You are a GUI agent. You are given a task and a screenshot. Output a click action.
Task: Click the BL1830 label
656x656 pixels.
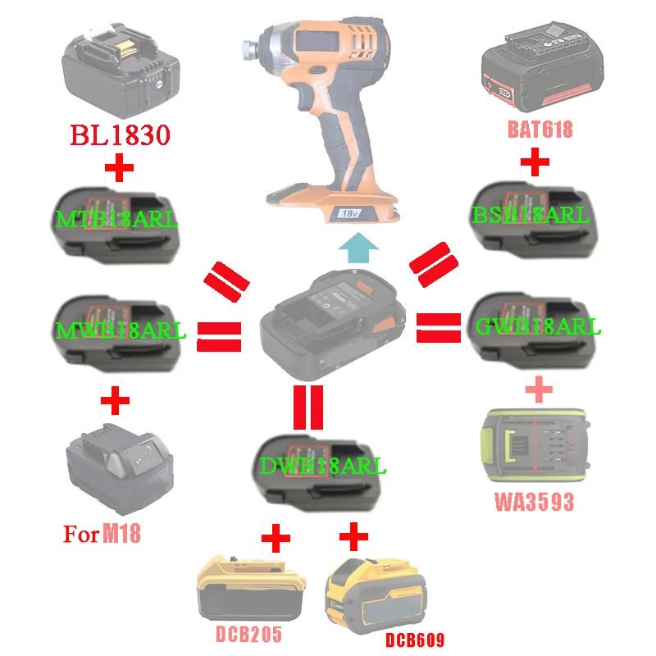click(x=121, y=135)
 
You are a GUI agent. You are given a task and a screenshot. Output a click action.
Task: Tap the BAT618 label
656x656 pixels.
click(x=539, y=129)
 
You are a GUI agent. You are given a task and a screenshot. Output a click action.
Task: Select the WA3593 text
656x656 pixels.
click(x=533, y=501)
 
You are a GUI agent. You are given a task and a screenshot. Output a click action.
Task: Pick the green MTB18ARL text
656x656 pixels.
click(x=117, y=219)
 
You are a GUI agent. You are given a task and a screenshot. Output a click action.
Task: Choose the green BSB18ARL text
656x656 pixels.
click(x=531, y=216)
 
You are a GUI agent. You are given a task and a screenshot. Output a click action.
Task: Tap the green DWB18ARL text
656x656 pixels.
click(x=322, y=467)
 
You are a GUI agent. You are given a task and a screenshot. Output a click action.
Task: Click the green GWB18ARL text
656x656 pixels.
click(x=538, y=326)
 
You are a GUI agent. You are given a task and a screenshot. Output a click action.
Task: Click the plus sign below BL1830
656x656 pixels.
click(x=120, y=171)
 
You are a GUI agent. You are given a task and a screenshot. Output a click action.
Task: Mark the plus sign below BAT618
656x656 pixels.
click(x=535, y=162)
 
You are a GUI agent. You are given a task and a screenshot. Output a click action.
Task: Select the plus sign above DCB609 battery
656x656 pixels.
click(x=353, y=538)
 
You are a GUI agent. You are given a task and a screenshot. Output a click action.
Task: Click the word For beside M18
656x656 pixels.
click(x=81, y=535)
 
